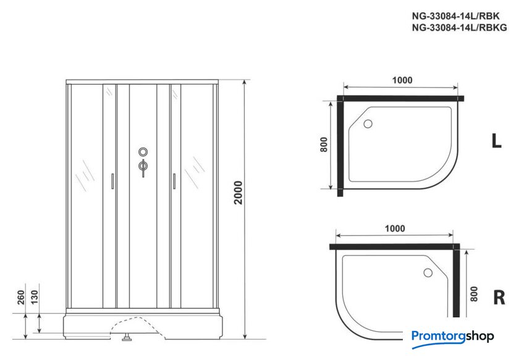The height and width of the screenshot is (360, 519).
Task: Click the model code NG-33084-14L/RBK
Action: pos(455,16)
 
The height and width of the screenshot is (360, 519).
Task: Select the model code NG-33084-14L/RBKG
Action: pos(459,27)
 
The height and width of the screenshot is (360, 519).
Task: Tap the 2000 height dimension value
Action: pos(238,193)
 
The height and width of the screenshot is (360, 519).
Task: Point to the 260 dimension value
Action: pos(21,297)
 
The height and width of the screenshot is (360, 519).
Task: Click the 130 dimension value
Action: pos(35,297)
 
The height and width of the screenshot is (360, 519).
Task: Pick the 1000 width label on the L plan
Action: pos(402,80)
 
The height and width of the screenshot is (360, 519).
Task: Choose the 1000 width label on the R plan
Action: pos(395,228)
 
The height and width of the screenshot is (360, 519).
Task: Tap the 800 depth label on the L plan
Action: pos(324,144)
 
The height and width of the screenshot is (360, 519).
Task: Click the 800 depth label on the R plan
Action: pos(474,294)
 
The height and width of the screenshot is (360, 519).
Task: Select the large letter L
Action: pos(496,141)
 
